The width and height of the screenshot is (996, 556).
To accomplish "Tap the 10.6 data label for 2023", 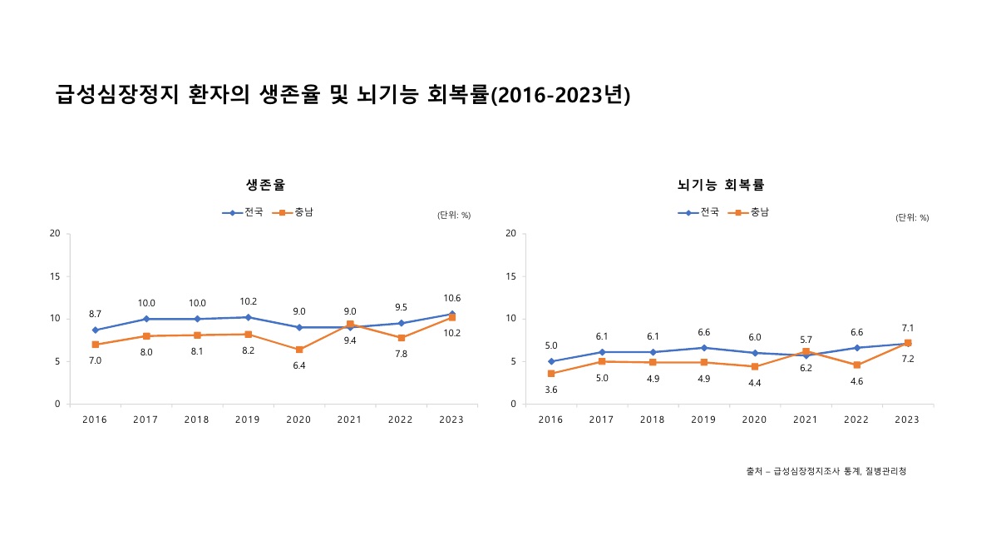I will pos(452,298).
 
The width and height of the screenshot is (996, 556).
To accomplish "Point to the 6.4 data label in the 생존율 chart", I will pos(298,365).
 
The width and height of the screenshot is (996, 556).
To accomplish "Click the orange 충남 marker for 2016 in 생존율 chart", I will pos(96,345).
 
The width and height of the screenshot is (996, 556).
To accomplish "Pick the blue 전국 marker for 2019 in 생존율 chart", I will pos(248,317).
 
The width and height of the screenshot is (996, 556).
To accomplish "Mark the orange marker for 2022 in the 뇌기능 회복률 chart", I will pos(856,365).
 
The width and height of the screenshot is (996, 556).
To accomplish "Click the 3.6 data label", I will pos(550,390).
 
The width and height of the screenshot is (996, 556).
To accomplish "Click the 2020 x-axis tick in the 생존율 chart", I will pos(298,419).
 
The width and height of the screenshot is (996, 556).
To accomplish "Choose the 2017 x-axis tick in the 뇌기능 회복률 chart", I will pos(601,419).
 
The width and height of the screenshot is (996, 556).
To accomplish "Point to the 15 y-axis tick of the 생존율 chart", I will pos(55,276).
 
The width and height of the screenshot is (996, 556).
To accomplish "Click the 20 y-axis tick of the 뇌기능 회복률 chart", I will pos(510,234).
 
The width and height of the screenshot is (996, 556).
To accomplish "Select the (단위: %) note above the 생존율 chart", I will pos(454,215).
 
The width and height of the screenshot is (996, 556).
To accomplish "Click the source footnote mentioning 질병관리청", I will pos(826,471).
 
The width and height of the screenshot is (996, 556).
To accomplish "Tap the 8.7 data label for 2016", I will pos(96,314).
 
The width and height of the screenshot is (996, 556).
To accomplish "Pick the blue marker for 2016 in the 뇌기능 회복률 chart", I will pos(550,361).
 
